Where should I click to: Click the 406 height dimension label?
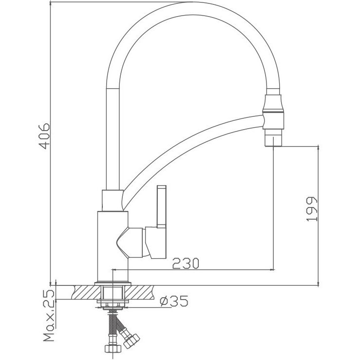44,136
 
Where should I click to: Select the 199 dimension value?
312,210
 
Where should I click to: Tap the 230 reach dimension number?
186,264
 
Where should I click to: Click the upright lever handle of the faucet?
161,207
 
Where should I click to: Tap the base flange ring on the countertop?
113,283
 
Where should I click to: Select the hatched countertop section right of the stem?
141,293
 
